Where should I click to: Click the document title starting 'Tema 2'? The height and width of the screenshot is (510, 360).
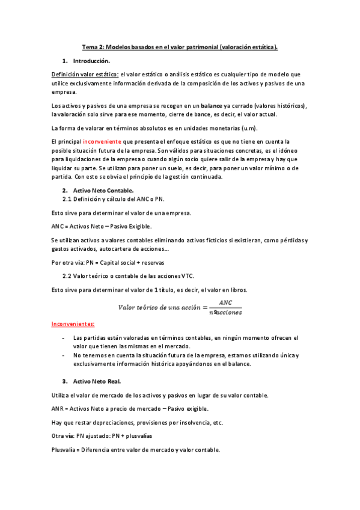[x=180, y=46]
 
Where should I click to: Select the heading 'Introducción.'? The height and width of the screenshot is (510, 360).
[x=91, y=61]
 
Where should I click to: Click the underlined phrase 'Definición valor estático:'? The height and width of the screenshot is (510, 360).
[x=85, y=74]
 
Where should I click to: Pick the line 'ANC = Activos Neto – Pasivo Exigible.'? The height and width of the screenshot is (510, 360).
[x=102, y=226]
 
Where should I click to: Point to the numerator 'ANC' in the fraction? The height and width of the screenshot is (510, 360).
[x=225, y=303]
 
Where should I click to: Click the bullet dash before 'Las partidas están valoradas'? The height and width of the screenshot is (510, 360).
[x=64, y=338]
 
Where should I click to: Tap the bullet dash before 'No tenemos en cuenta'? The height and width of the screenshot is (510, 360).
[x=64, y=355]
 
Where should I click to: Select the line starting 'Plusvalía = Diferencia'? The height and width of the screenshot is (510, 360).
[x=136, y=450]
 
